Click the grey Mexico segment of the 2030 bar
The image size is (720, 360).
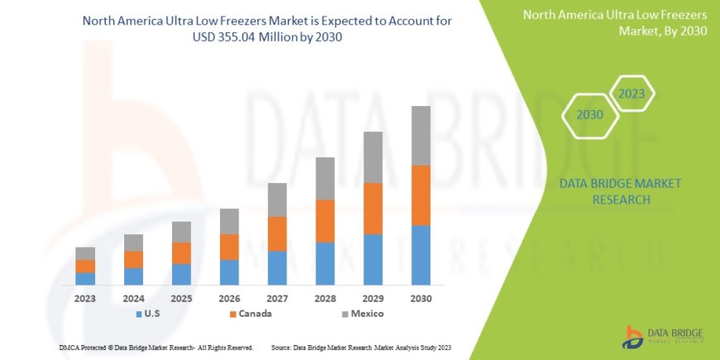click(x=421, y=136)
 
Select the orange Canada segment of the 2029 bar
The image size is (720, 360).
click(x=373, y=209)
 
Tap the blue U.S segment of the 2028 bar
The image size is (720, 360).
click(x=325, y=263)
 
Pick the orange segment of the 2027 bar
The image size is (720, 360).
click(x=277, y=233)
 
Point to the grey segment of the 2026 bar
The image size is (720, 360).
click(x=229, y=221)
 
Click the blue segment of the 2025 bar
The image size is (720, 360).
click(x=181, y=274)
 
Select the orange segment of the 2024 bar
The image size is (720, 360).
click(x=133, y=259)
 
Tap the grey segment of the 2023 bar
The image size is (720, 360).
click(x=85, y=253)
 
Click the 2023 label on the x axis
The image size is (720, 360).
click(x=85, y=298)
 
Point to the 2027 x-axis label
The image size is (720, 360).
click(x=277, y=298)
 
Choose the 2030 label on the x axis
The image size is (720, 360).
click(x=421, y=298)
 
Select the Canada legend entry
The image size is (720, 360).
click(x=250, y=314)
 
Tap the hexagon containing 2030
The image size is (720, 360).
click(x=589, y=115)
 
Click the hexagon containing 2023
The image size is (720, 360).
click(x=631, y=94)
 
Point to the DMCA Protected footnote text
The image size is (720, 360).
click(x=156, y=348)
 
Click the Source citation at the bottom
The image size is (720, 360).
click(x=362, y=348)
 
